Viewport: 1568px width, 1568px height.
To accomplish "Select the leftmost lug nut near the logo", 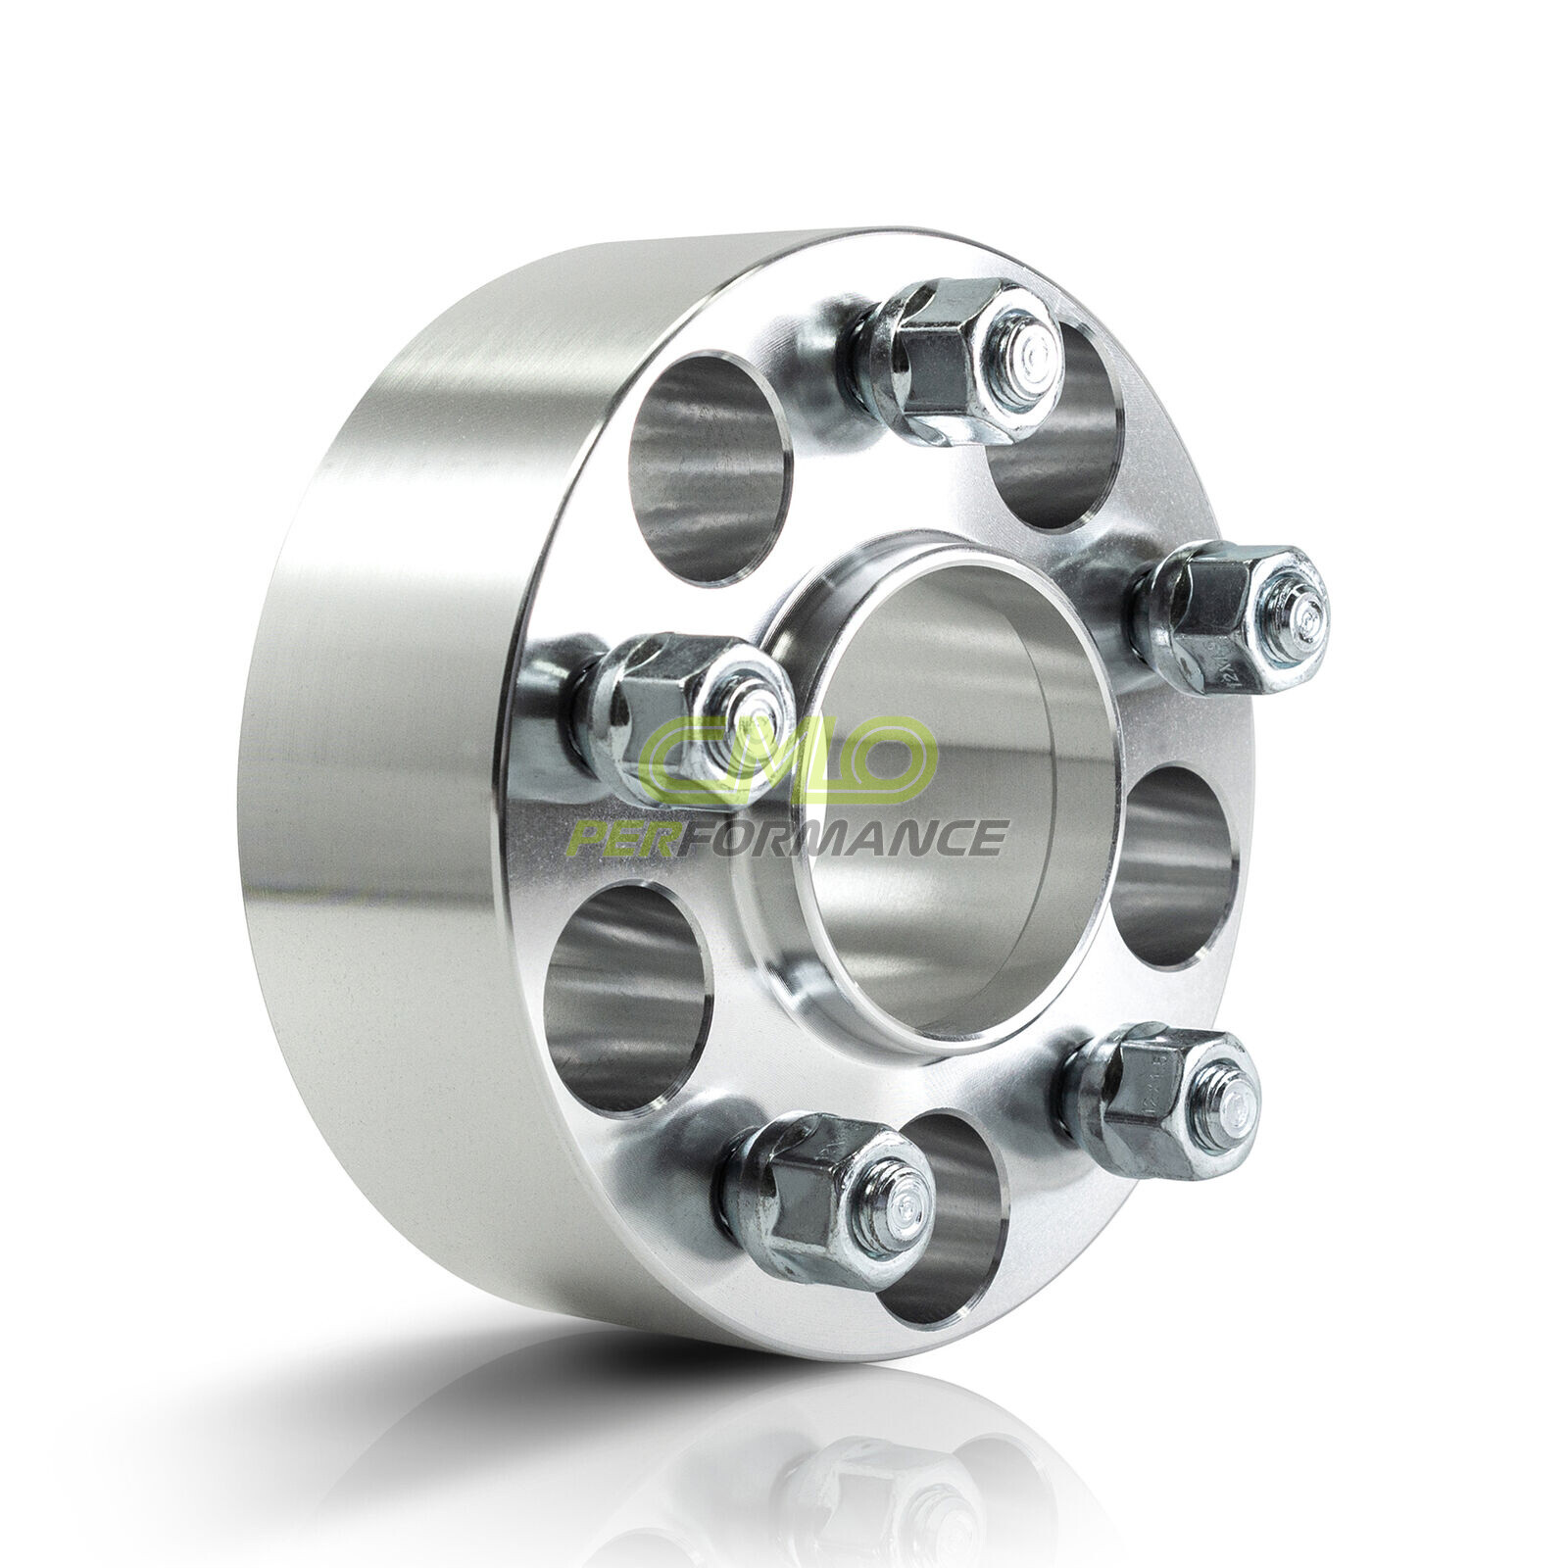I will click(686, 715).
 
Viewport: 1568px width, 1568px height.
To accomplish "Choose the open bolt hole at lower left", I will click(627, 1000).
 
